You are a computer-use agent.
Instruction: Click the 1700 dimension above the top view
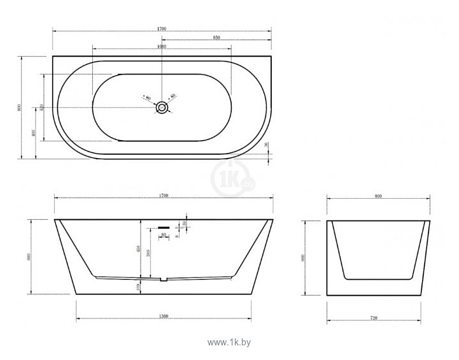click(x=162, y=29)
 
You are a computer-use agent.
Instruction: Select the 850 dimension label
click(x=216, y=38)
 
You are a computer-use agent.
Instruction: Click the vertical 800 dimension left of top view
click(x=20, y=108)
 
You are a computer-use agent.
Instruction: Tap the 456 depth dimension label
click(x=139, y=249)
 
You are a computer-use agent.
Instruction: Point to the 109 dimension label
click(x=139, y=287)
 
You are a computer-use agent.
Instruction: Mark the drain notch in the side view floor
click(x=164, y=278)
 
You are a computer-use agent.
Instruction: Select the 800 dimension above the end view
click(x=378, y=198)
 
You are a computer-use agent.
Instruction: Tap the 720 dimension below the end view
click(x=378, y=317)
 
